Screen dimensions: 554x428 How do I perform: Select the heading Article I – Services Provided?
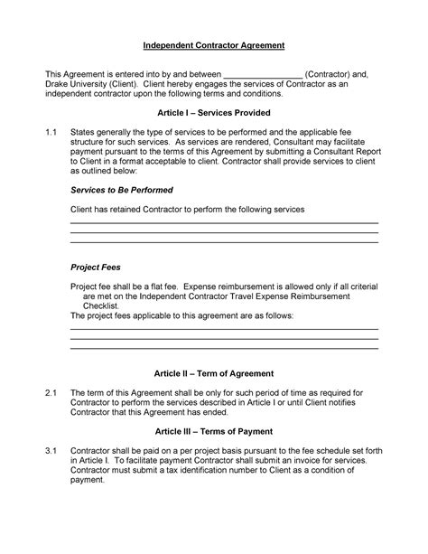[x=213, y=115]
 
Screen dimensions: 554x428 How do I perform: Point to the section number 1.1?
[x=51, y=132]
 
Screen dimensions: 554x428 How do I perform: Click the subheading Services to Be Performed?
[x=121, y=191]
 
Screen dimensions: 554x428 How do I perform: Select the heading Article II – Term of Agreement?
[x=213, y=372]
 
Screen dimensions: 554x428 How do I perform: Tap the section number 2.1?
[x=51, y=392]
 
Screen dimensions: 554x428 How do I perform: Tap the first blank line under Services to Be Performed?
[x=224, y=223]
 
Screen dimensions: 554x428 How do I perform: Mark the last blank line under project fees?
[x=224, y=348]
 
